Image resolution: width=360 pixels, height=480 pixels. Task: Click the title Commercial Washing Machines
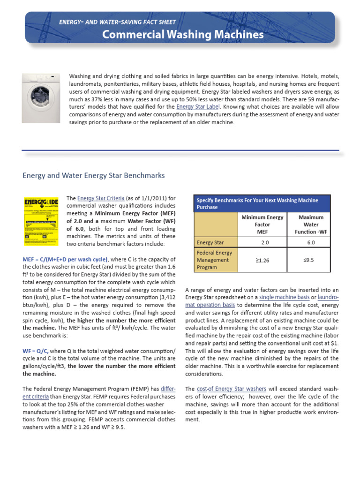click(183, 35)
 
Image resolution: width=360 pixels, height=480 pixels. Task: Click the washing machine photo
click(41, 97)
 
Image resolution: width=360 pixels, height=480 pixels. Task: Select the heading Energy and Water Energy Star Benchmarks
click(94, 175)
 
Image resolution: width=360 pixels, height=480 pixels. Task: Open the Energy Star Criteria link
click(97, 198)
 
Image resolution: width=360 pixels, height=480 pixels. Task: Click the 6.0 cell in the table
click(311, 242)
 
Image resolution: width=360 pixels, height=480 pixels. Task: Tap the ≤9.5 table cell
click(311, 260)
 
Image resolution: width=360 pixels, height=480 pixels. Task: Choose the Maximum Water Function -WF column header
click(311, 225)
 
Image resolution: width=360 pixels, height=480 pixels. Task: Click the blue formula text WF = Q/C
click(35, 351)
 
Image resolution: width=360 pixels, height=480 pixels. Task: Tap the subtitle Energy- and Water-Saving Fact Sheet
click(117, 22)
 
